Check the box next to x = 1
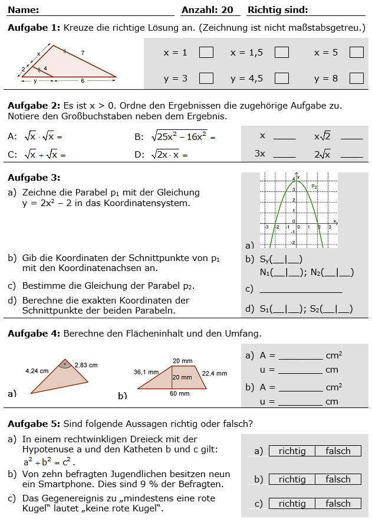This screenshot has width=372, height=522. [x=206, y=53]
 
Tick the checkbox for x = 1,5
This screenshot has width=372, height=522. [x=282, y=53]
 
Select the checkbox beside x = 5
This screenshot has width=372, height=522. [x=356, y=53]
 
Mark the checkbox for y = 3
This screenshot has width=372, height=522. [x=206, y=78]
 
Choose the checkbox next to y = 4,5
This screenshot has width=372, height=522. [x=282, y=78]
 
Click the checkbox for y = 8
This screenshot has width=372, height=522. [x=356, y=78]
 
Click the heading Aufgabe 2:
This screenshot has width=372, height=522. [x=33, y=105]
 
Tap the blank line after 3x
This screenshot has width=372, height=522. [x=285, y=155]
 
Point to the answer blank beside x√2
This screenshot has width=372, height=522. [x=352, y=137]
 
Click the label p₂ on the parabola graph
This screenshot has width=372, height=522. [x=315, y=186]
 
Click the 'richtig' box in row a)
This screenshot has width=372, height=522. [x=292, y=451]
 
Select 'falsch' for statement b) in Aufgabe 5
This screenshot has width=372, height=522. [x=338, y=479]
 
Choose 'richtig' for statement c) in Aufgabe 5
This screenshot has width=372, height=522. [x=292, y=504]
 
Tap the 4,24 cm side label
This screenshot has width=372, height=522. [x=37, y=371]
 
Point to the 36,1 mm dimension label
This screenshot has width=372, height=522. [x=146, y=372]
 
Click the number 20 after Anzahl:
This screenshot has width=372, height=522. [x=227, y=10]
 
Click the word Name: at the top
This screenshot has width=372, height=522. [x=24, y=10]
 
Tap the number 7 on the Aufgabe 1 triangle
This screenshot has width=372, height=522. [x=83, y=53]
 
